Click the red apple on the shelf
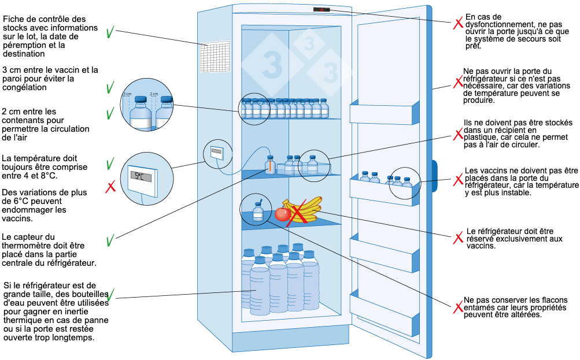(282, 214)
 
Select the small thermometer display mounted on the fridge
(217, 153)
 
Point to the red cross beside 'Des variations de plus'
(110, 187)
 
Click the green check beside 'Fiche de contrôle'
(110, 32)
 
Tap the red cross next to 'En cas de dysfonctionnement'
(457, 23)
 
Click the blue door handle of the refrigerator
(434, 179)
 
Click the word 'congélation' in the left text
(25, 88)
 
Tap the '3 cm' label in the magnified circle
(128, 94)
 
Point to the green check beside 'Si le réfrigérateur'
(110, 295)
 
